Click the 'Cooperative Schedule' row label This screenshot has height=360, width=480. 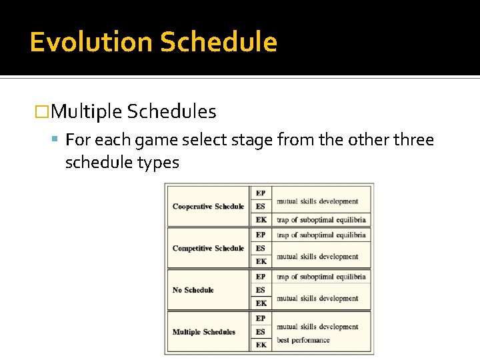[x=208, y=207]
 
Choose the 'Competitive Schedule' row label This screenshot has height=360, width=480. [x=208, y=248]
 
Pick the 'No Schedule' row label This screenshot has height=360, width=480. [x=193, y=290]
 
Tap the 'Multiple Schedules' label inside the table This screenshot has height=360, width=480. [x=204, y=332]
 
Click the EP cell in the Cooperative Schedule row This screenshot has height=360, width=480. [x=261, y=193]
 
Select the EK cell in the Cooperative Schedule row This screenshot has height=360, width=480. [x=261, y=220]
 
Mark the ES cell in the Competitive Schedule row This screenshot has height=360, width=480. [x=261, y=248]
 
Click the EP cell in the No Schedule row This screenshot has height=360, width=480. [x=261, y=277]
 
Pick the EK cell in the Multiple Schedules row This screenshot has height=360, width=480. [x=261, y=345]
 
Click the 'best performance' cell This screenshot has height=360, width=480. [x=303, y=340]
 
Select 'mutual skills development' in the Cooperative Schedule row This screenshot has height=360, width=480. [x=317, y=201]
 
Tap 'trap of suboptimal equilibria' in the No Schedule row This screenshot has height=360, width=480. [x=321, y=277]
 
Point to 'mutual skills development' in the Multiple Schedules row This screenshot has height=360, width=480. [x=317, y=327]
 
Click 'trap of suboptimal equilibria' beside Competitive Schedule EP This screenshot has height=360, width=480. [x=321, y=235]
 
